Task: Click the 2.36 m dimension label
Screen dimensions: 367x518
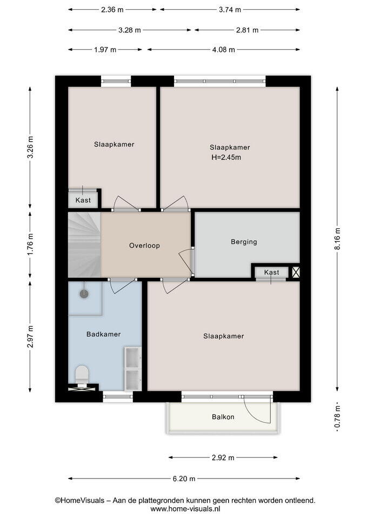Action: [112, 10]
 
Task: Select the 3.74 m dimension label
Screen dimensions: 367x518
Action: [230, 10]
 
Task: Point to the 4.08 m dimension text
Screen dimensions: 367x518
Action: [224, 50]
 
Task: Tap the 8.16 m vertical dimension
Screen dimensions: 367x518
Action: [338, 239]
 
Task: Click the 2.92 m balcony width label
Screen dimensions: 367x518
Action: [223, 458]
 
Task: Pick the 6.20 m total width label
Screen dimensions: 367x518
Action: [184, 479]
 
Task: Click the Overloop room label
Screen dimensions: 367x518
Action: [145, 246]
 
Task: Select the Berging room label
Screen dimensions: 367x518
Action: [244, 242]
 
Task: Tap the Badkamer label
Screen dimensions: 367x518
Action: [104, 335]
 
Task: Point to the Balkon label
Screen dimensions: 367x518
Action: [223, 417]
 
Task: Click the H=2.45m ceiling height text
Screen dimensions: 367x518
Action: [226, 158]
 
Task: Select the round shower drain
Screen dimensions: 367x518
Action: [84, 293]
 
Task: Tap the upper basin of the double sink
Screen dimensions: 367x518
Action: [132, 358]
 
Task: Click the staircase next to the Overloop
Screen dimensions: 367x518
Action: [84, 245]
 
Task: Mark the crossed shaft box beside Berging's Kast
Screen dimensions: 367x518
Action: [296, 272]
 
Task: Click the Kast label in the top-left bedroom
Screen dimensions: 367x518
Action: [83, 200]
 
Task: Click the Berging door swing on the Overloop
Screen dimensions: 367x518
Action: [185, 261]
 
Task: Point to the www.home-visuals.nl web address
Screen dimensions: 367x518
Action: [185, 509]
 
